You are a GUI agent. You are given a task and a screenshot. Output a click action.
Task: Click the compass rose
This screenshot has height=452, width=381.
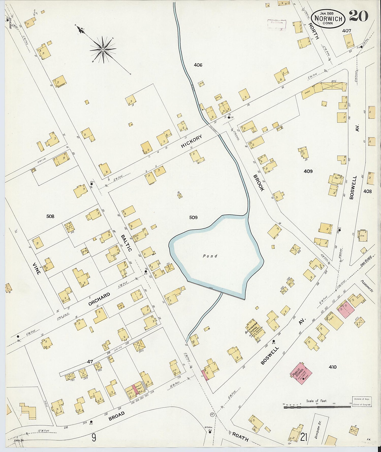pyautogui.click(x=103, y=50)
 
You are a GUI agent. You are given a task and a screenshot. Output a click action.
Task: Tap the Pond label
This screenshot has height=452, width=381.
pyautogui.click(x=210, y=256)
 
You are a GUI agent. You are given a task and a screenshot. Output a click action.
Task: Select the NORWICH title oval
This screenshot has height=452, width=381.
pyautogui.click(x=328, y=19)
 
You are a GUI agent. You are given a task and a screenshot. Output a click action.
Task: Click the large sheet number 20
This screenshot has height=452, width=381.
pyautogui.click(x=358, y=16)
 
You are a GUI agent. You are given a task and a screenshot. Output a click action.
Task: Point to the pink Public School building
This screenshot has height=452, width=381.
pyautogui.click(x=301, y=373)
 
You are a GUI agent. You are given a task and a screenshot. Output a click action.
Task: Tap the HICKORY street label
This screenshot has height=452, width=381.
pyautogui.click(x=192, y=141)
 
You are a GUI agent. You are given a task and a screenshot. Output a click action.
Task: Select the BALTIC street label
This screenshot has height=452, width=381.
pyautogui.click(x=126, y=243)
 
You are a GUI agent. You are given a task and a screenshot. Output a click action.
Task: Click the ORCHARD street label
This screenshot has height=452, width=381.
pyautogui.click(x=99, y=299)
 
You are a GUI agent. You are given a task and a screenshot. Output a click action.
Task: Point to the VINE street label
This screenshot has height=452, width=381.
pyautogui.click(x=37, y=269)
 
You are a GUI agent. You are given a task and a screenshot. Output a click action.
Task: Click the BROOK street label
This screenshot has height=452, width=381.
pyautogui.click(x=259, y=183)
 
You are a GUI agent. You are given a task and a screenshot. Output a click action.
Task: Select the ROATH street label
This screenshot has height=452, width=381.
pyautogui.click(x=240, y=437)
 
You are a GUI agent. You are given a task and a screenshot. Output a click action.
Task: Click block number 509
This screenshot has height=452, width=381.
pyautogui.click(x=193, y=217)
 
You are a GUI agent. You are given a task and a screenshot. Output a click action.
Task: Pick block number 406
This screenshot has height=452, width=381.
pyautogui.click(x=198, y=65)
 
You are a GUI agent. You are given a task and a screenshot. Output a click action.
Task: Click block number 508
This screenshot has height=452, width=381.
pyautogui.click(x=50, y=216)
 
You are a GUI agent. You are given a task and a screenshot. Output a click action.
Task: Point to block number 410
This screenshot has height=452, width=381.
pyautogui.click(x=332, y=367)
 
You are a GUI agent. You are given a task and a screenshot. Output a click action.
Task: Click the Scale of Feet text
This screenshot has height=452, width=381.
pyautogui.click(x=316, y=401)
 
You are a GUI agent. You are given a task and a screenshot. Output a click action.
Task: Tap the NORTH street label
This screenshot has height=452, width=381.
pyautogui.click(x=314, y=31)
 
